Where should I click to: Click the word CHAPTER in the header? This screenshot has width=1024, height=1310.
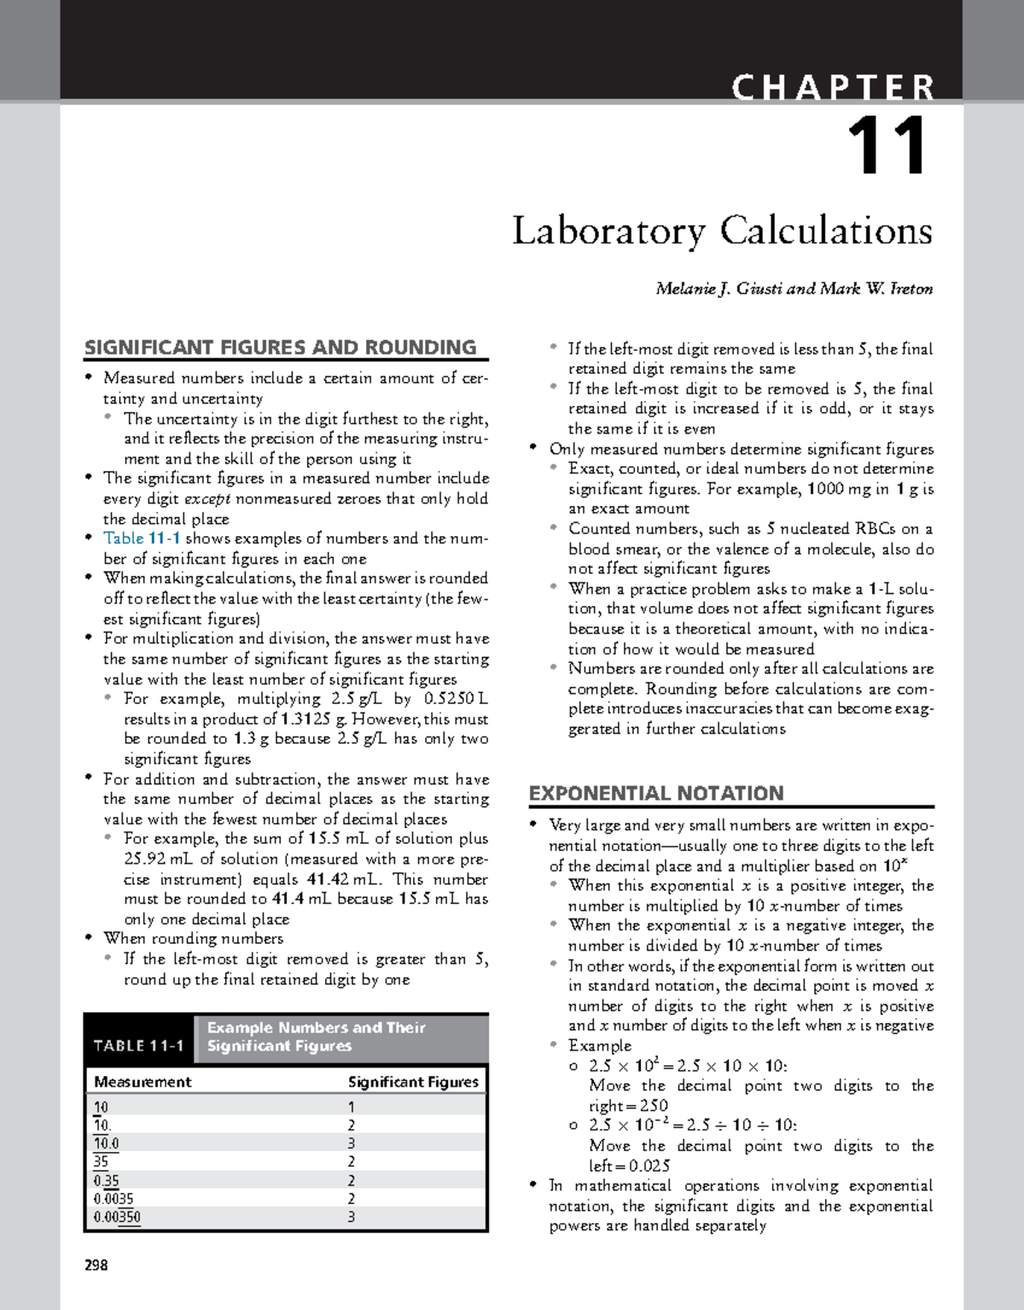tap(833, 88)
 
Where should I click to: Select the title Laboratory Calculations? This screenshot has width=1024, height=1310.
tap(722, 231)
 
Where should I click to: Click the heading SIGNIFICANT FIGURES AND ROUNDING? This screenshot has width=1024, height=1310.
tap(280, 347)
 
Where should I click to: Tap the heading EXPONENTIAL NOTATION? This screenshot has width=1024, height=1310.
tap(655, 793)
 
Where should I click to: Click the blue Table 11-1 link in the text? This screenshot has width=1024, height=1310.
tap(142, 539)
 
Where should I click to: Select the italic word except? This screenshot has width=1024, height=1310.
tap(207, 498)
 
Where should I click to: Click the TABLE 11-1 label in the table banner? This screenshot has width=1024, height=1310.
tap(139, 1046)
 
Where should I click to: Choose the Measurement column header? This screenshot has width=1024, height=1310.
tap(143, 1082)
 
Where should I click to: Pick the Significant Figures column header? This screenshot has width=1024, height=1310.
tap(413, 1082)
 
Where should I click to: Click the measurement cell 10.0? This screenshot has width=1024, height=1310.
tap(107, 1144)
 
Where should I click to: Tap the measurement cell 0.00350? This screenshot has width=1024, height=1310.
tap(117, 1217)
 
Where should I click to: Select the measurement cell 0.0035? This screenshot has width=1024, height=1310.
tap(113, 1199)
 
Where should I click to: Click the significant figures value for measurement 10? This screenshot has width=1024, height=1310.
tap(352, 1107)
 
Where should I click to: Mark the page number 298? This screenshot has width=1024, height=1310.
tap(96, 1265)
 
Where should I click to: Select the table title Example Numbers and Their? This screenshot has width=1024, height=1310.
tap(316, 1028)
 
